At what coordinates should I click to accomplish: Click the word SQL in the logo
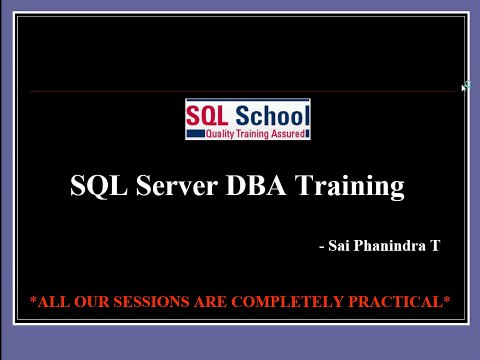pos(208,115)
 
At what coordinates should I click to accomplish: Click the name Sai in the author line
pos(339,244)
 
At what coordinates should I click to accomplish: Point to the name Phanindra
pos(390,244)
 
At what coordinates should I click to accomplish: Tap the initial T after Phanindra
pos(434,244)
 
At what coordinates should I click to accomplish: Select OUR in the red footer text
pos(95,301)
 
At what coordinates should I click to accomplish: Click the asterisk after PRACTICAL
pos(447,299)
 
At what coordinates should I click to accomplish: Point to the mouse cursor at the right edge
pos(465,88)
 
